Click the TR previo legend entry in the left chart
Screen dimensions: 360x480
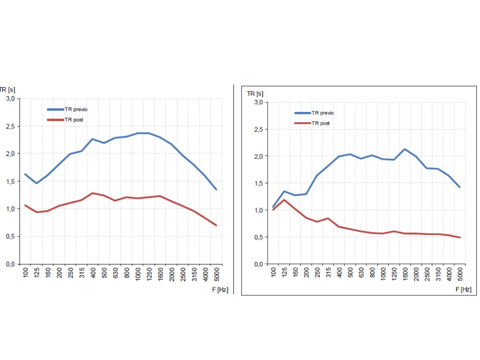click(x=75, y=109)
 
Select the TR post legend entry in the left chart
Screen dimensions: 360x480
click(x=74, y=120)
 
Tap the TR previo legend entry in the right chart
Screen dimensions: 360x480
click(x=323, y=113)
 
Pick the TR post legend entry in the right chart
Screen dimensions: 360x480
click(x=321, y=123)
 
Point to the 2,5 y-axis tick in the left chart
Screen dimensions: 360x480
click(x=10, y=126)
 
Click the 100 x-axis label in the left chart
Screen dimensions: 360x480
click(x=26, y=273)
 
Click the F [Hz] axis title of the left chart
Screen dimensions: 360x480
click(x=220, y=290)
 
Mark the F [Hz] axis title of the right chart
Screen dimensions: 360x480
click(x=463, y=289)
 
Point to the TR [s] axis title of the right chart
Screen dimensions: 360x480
click(x=255, y=93)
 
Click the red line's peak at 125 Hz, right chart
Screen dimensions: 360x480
click(x=284, y=200)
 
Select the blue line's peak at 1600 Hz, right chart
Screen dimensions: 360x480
click(x=404, y=149)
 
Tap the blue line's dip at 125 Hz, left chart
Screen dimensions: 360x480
click(x=37, y=183)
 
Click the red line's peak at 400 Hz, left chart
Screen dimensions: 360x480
click(x=93, y=193)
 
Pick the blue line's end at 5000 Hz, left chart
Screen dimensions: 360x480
click(x=216, y=189)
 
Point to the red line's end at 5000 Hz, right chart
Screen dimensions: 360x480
click(x=460, y=238)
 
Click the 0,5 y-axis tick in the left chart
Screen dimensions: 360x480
click(x=10, y=236)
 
